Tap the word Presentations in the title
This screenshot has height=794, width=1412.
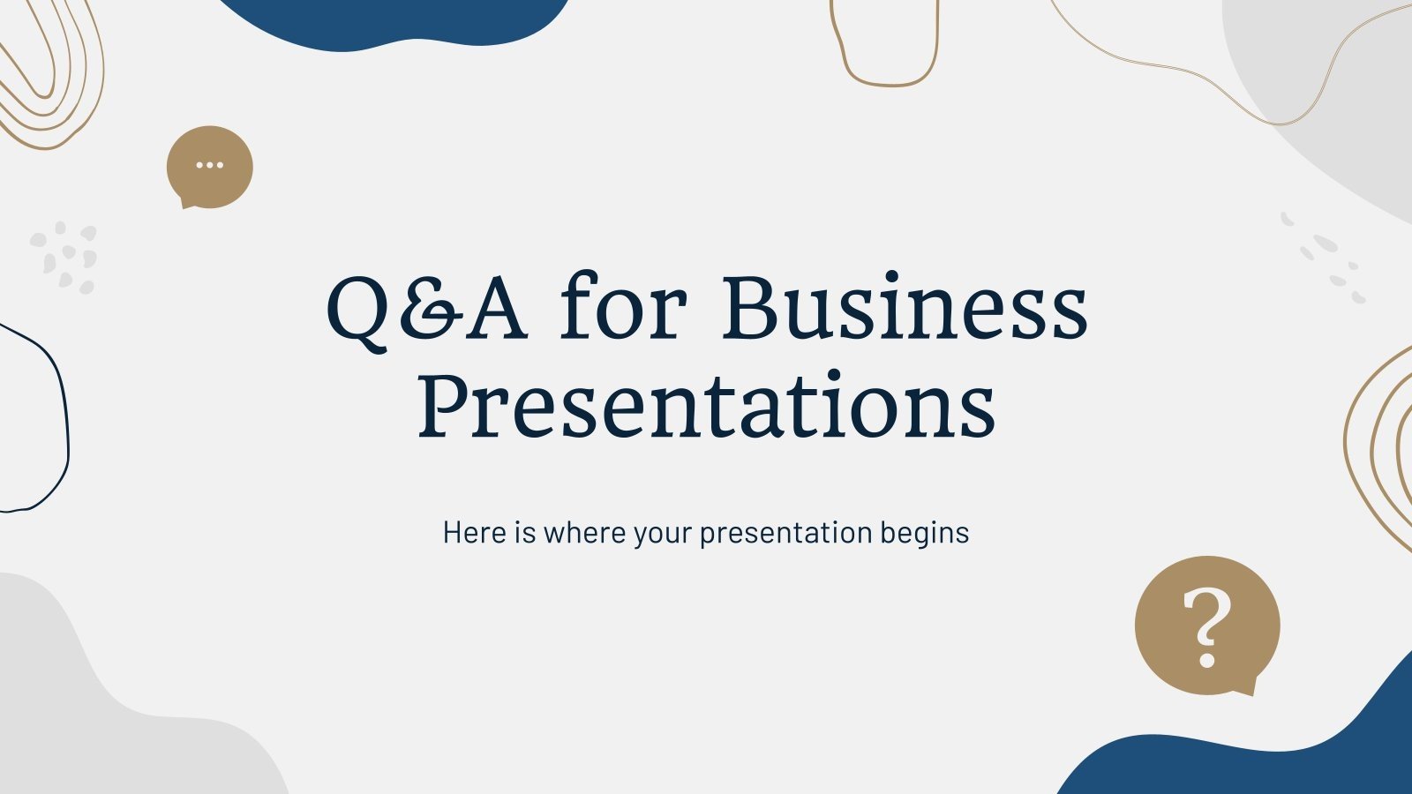(x=706, y=405)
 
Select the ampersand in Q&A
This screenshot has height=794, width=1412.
(x=431, y=310)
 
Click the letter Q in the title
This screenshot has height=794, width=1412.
(x=357, y=310)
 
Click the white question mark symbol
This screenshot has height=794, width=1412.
(x=1206, y=626)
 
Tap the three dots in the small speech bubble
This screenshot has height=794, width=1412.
(x=209, y=165)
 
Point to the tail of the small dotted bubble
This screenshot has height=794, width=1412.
(x=187, y=204)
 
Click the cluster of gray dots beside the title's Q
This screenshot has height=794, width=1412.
(x=64, y=257)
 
